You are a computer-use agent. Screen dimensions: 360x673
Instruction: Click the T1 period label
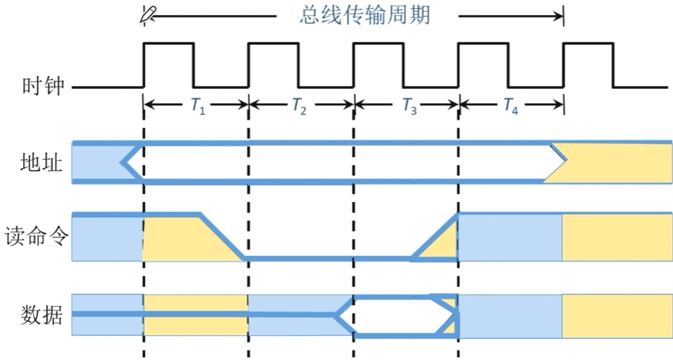click(198, 106)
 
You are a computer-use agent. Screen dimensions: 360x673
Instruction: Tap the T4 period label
click(511, 106)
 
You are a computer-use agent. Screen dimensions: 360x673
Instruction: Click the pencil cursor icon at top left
click(149, 12)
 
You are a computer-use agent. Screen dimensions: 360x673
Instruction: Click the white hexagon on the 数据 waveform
click(397, 316)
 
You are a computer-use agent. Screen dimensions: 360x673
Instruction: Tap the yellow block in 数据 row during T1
click(196, 316)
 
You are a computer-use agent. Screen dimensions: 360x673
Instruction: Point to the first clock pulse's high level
click(169, 44)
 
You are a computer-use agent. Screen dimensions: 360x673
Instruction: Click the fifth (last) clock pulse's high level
click(588, 44)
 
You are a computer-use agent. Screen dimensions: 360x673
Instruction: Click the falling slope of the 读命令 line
click(221, 236)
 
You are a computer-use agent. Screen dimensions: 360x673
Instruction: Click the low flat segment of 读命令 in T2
click(299, 259)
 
